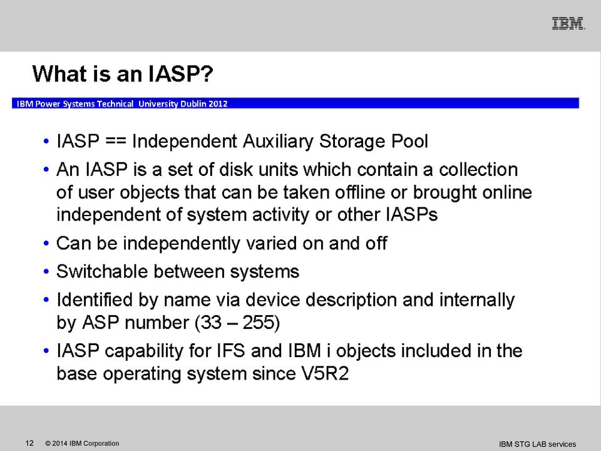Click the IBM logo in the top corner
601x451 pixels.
(568, 23)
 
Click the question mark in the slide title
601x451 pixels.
(206, 74)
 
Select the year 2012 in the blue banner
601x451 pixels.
(218, 103)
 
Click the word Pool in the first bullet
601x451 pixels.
(409, 141)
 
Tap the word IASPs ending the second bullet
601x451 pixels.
(412, 214)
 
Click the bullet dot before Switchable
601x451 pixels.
(46, 272)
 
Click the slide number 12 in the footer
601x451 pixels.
(29, 443)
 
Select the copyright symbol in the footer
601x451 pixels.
(48, 443)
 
